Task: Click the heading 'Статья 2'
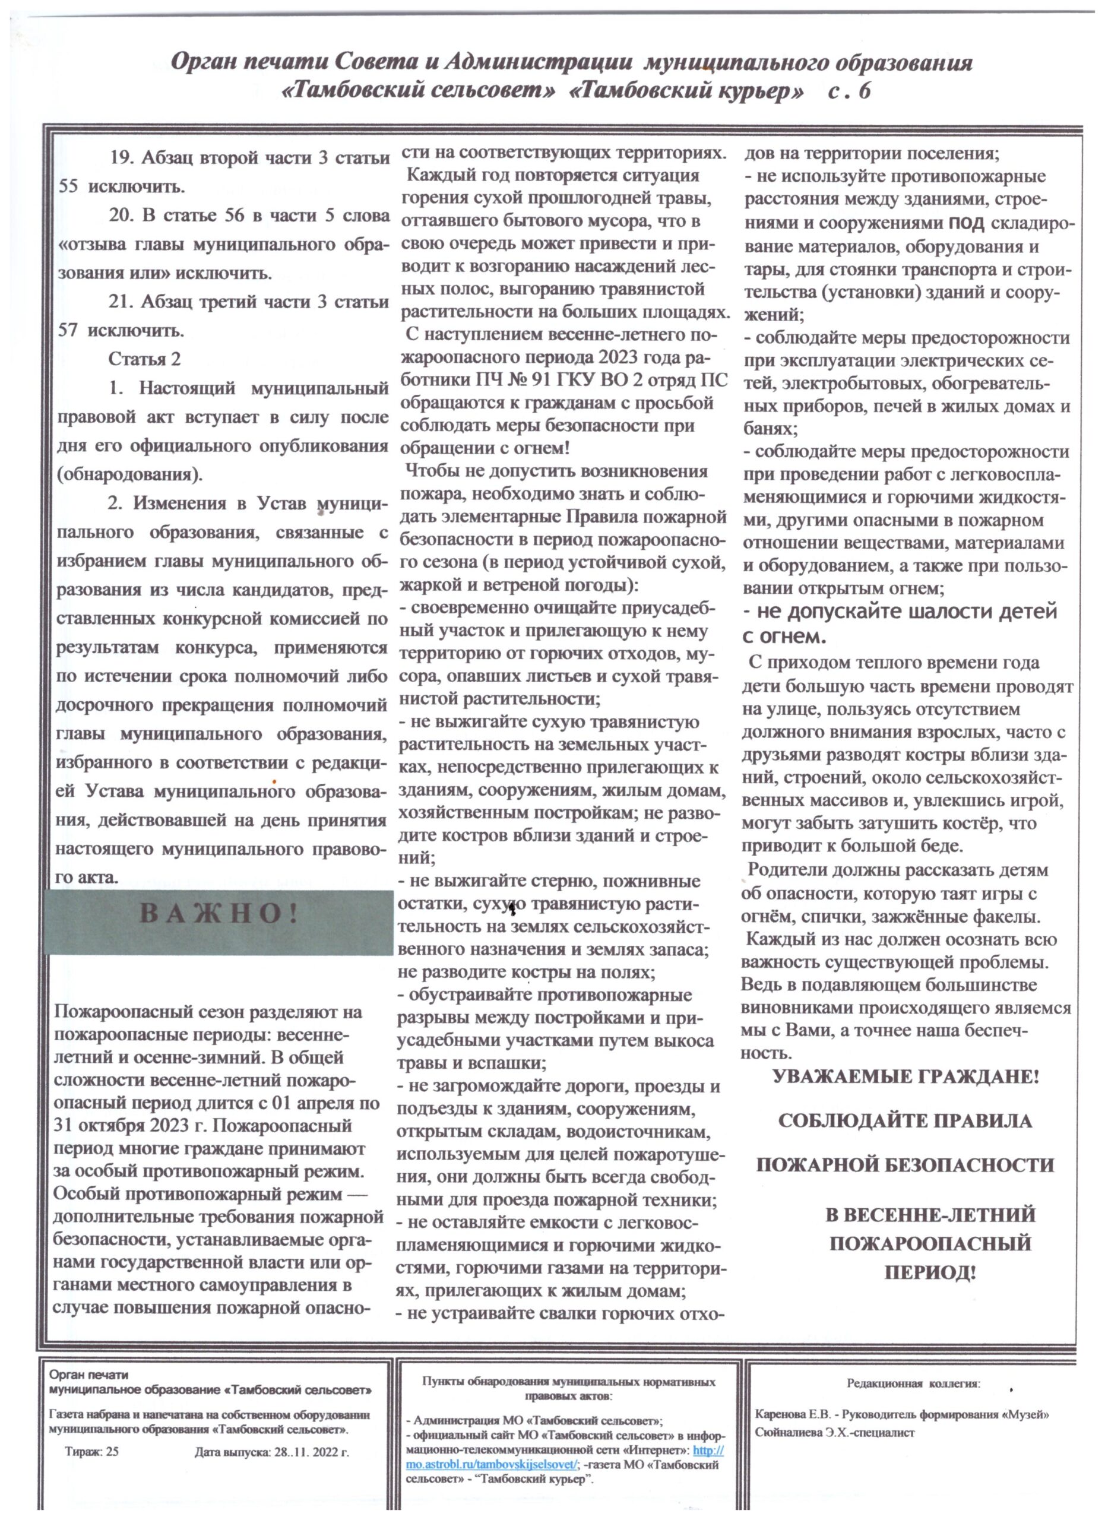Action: (144, 359)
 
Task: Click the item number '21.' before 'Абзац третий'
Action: (123, 302)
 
